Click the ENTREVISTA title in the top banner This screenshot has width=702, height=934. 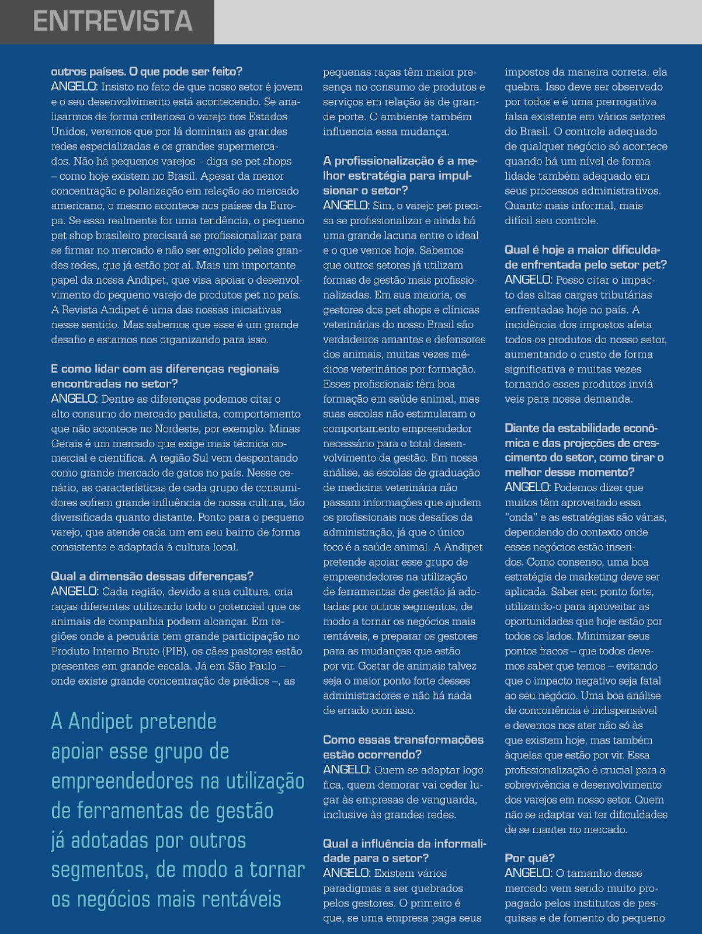113,22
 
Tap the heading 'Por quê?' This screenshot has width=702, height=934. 530,858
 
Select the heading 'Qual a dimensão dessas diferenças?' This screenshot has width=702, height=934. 152,577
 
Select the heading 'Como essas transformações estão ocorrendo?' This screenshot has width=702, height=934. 403,747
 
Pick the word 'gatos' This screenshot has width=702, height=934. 208,473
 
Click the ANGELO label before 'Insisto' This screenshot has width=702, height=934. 75,87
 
